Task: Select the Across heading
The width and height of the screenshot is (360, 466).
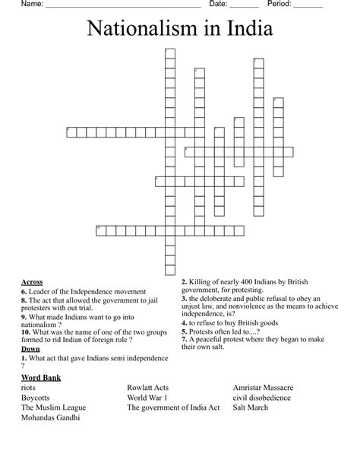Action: point(32,281)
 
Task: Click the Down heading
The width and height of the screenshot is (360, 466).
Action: point(30,348)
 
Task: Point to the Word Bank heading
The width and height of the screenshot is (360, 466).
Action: point(41,377)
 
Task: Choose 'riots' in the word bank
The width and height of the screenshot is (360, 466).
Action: point(29,387)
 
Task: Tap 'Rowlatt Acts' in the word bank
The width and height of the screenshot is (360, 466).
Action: point(148,387)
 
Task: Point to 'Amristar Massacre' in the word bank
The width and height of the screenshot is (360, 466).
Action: point(264,387)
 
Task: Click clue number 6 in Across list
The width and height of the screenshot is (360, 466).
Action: point(24,291)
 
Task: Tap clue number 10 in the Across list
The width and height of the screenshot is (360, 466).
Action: point(26,331)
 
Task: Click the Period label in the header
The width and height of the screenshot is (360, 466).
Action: point(280,4)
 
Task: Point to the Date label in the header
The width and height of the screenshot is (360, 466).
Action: point(218,4)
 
